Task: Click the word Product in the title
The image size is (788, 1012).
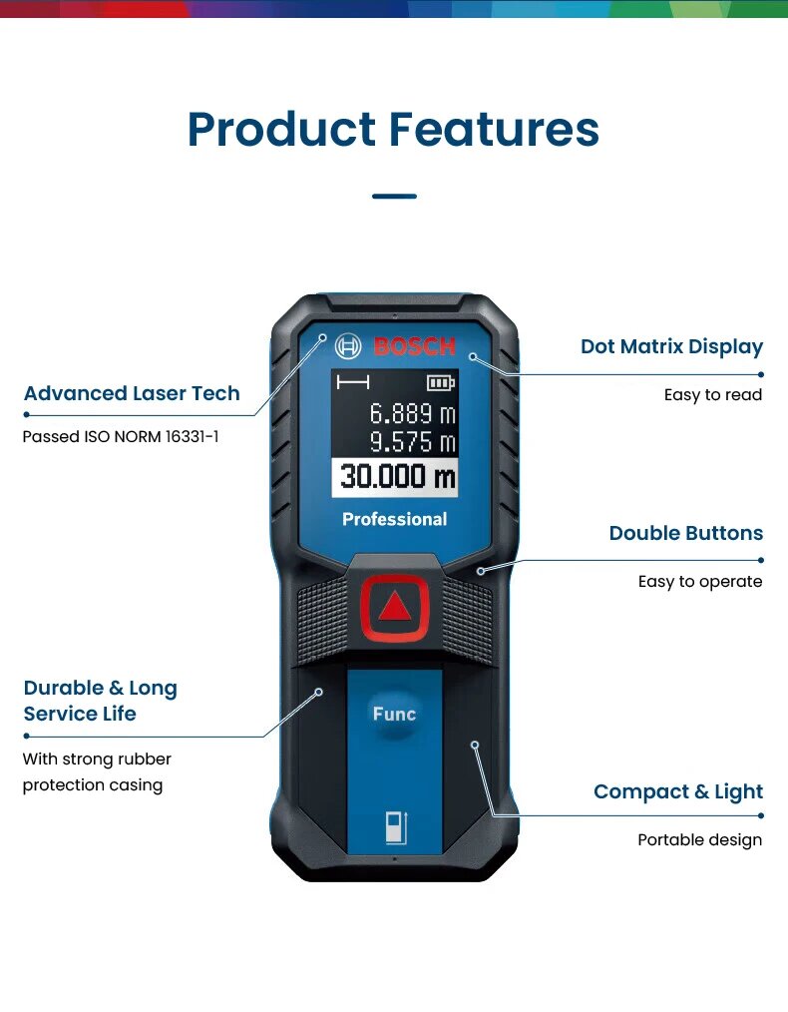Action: [x=280, y=131]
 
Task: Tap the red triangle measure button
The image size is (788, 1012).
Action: [x=395, y=607]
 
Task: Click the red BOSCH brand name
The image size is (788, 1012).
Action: [x=414, y=347]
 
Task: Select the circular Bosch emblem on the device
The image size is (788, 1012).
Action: [x=348, y=347]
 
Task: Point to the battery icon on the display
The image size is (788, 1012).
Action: [x=439, y=382]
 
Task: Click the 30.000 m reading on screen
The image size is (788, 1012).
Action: [x=396, y=476]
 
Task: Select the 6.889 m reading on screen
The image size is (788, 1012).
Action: [x=413, y=412]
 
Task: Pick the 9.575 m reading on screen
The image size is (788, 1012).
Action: [x=413, y=442]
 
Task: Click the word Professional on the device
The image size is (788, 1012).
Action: [x=395, y=519]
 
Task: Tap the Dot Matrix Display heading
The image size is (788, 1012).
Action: [x=671, y=346]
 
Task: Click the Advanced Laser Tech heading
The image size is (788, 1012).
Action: [x=132, y=393]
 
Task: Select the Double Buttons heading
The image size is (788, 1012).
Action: [x=685, y=533]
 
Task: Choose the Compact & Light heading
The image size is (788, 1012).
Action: [x=678, y=791]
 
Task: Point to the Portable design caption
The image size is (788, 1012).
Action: [x=699, y=840]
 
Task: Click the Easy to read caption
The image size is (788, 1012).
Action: [x=712, y=395]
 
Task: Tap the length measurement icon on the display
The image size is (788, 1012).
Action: [x=352, y=382]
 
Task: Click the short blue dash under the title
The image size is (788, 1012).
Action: [x=394, y=196]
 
